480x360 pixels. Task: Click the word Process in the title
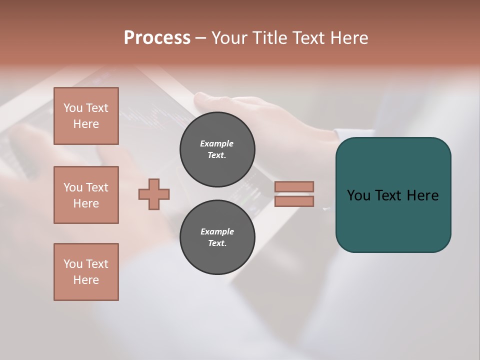(157, 38)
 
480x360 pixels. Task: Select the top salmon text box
(86, 116)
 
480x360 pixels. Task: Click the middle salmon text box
(86, 195)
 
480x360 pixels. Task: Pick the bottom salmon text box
(86, 272)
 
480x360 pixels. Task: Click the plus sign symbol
(154, 194)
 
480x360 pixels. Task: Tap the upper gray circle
(217, 149)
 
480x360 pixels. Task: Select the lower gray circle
(217, 237)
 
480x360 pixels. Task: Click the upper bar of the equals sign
(294, 186)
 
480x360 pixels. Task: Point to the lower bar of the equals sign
(294, 201)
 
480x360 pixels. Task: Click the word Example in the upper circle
(217, 143)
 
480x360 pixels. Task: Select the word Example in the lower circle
(217, 231)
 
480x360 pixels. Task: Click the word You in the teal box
(358, 195)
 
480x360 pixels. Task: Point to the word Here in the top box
(86, 124)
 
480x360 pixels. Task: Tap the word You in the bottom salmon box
(73, 264)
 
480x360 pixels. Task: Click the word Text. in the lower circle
(217, 243)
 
